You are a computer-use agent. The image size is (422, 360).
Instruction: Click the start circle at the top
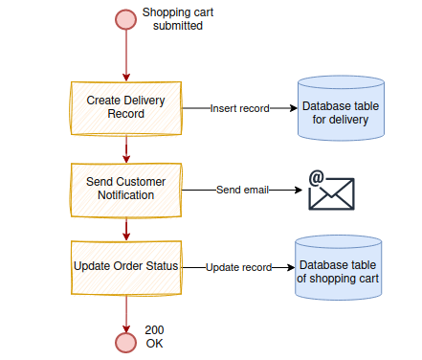125,19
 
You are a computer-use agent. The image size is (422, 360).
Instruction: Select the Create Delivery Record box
125,107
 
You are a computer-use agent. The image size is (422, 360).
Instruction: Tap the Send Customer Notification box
125,189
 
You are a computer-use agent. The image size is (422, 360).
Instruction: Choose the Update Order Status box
125,267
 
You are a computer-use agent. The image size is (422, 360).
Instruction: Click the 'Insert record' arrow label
239,108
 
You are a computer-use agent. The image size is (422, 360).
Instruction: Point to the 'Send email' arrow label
242,190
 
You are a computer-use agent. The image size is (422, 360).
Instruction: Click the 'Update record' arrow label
238,267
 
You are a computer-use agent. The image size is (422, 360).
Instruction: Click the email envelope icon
331,194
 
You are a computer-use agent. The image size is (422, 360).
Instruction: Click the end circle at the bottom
125,342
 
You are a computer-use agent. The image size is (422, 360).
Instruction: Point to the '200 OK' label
154,336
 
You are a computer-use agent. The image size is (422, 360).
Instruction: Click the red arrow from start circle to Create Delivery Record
125,56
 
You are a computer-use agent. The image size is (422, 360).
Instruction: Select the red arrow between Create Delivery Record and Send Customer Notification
125,147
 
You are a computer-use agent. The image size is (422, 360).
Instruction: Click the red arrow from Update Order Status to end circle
125,312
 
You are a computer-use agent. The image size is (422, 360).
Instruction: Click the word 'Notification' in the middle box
125,195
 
